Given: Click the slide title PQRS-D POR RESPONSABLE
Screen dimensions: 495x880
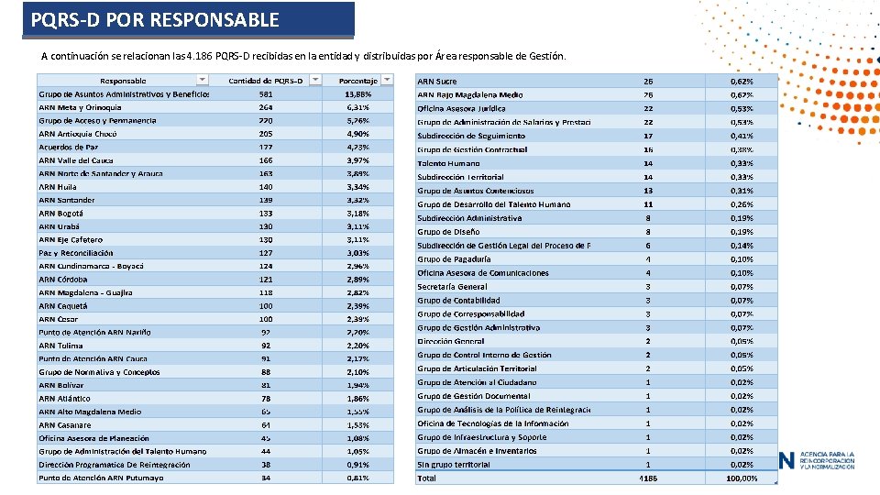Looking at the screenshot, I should point(154,19).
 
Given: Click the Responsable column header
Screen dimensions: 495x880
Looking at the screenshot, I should point(122,81).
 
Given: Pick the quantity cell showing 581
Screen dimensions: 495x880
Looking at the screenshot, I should point(266,93).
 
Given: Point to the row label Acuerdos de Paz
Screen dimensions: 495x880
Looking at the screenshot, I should point(68,147).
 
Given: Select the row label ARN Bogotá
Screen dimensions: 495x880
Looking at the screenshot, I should point(60,213).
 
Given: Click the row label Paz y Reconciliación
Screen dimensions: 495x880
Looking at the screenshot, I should point(76,253).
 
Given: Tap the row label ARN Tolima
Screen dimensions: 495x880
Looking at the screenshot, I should point(60,346).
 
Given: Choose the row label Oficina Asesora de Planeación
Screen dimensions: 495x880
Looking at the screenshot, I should point(93,438).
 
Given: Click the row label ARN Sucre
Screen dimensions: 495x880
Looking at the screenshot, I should point(437,82).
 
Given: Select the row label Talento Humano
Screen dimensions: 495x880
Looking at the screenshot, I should point(448,163).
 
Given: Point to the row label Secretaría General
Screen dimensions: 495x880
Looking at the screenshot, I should point(452,287).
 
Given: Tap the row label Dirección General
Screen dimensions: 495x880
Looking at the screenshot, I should point(451,341).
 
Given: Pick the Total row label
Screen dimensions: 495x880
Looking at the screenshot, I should point(427,478).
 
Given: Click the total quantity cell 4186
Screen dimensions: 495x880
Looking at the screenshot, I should point(648,478).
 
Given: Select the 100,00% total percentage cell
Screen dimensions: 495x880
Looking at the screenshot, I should point(742,478).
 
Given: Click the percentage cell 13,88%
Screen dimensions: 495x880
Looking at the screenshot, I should point(357,93).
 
